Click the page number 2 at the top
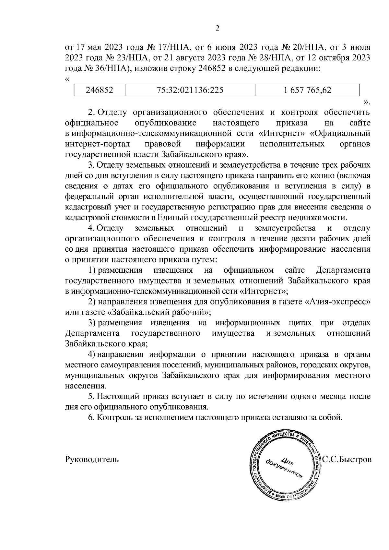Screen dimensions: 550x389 [x=218, y=29]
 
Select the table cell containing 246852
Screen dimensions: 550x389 [x=99, y=90]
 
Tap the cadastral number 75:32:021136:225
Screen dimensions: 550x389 [x=190, y=90]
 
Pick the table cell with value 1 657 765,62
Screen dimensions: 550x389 [x=307, y=90]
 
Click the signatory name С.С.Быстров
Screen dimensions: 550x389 [x=347, y=460]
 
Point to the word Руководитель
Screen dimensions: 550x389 [x=92, y=460]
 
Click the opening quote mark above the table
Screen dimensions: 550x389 [x=67, y=79]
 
